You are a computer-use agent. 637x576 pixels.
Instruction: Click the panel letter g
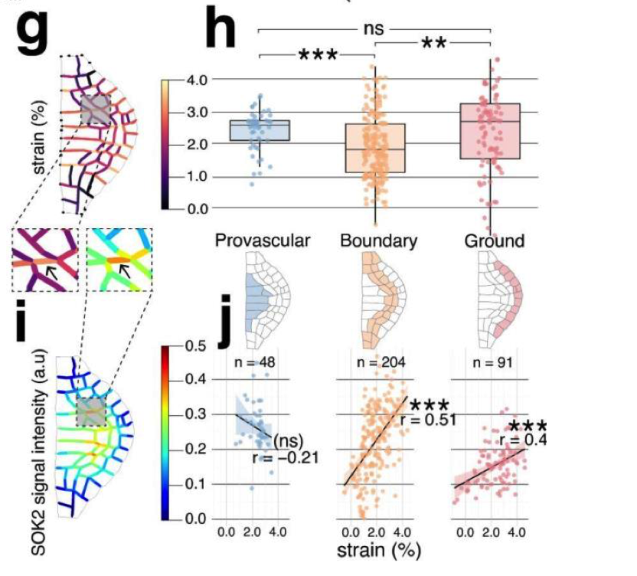coord(35,31)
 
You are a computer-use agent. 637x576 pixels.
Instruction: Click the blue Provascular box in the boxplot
coord(260,130)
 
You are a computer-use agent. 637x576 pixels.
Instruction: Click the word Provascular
coord(263,241)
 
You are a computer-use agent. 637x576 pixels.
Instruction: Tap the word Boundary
coord(379,241)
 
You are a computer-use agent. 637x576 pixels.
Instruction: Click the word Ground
coord(494,241)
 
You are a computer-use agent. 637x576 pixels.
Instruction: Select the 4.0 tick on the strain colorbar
coord(196,79)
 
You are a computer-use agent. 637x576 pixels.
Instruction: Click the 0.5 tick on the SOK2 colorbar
coord(196,345)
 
